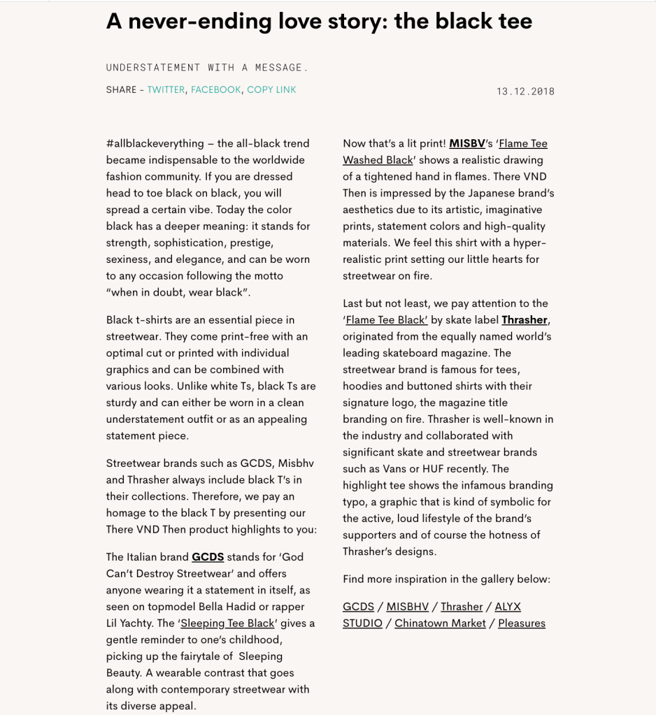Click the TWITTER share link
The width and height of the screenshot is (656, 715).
(x=166, y=89)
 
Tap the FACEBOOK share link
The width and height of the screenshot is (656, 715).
(x=215, y=89)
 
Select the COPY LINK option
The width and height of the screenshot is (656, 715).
(x=271, y=89)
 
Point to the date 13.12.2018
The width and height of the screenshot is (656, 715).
(x=525, y=92)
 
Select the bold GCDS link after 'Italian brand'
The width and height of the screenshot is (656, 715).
(x=208, y=557)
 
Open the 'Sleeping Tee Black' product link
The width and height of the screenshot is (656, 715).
(x=227, y=623)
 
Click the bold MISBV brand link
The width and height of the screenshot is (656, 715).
(x=467, y=143)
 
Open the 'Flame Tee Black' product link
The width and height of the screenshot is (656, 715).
(x=386, y=320)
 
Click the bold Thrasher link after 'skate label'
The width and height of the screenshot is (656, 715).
(x=525, y=320)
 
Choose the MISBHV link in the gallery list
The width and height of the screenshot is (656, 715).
(x=407, y=607)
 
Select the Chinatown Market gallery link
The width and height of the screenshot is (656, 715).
(x=440, y=623)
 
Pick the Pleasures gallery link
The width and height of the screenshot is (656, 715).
(x=522, y=623)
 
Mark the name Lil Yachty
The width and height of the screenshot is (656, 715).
(x=136, y=623)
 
